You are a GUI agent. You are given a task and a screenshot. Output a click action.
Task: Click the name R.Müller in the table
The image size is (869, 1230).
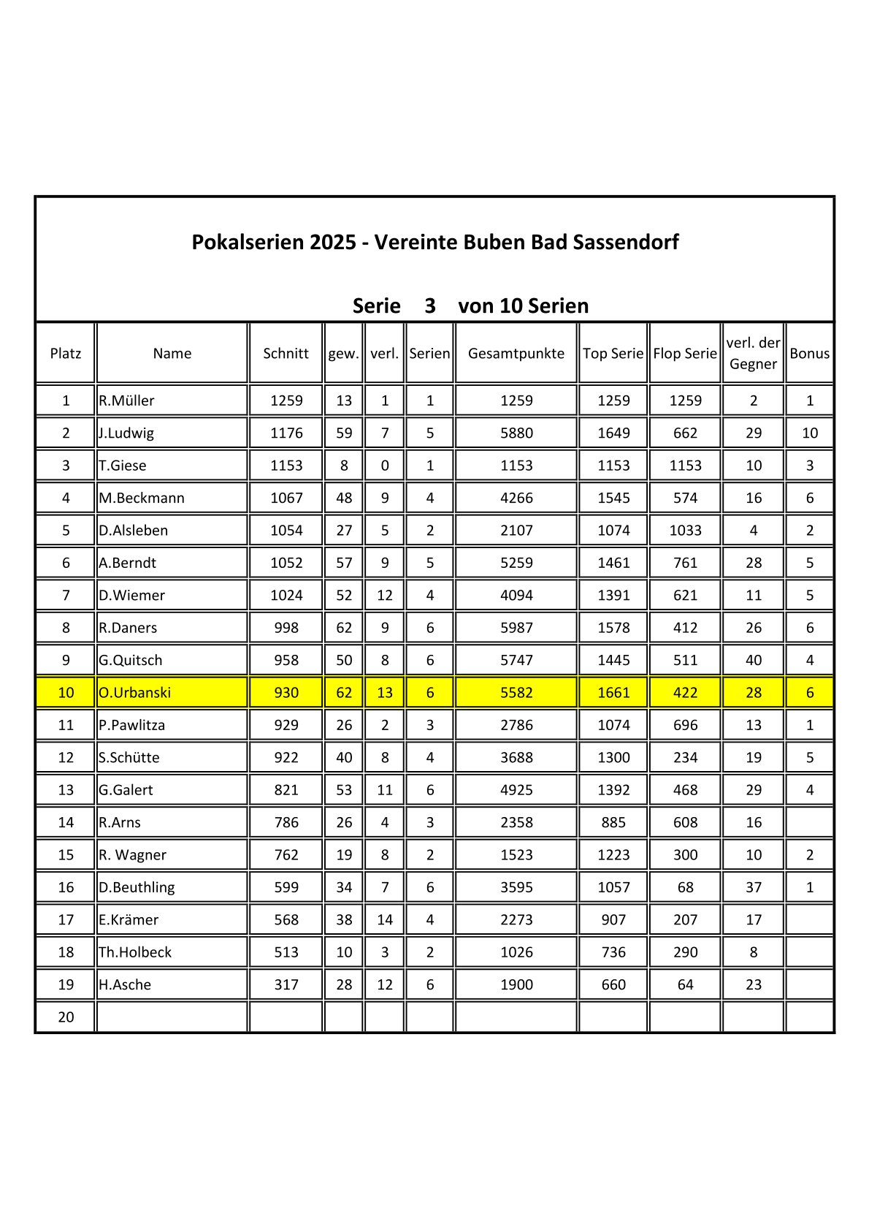(127, 400)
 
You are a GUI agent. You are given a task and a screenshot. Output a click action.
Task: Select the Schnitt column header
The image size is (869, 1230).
(286, 354)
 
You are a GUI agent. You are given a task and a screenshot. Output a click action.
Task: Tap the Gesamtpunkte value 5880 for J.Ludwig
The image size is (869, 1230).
(516, 433)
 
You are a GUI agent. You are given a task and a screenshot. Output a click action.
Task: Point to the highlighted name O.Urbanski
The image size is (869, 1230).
(135, 692)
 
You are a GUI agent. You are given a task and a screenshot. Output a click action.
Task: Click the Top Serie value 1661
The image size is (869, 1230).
(613, 692)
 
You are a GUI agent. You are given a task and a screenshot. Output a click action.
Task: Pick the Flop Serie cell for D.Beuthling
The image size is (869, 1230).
(685, 887)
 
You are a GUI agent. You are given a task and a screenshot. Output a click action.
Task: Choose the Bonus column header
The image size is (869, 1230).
(809, 354)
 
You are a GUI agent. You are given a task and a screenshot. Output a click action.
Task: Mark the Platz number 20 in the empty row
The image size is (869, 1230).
(66, 1017)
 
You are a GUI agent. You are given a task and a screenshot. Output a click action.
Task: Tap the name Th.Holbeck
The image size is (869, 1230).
(135, 952)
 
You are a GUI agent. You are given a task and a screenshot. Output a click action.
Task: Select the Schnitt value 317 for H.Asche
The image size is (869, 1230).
(286, 984)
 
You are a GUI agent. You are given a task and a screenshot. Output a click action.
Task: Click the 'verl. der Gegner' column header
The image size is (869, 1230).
(753, 354)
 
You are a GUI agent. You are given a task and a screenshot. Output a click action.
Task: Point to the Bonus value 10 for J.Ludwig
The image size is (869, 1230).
(809, 433)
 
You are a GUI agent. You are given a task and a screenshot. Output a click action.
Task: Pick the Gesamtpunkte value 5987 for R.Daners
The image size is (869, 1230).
(516, 628)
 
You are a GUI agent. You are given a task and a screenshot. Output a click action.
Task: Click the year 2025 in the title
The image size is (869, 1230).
(332, 242)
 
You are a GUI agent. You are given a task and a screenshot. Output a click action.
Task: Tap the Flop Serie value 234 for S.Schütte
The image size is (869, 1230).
(685, 757)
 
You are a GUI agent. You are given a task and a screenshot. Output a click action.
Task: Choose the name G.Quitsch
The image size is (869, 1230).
(131, 660)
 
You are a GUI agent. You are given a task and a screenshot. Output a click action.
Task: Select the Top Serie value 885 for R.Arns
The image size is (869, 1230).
(613, 822)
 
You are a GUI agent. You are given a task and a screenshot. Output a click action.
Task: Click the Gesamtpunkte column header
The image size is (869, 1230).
(516, 354)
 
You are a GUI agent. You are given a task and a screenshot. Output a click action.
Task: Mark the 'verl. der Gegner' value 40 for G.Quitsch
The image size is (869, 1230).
(753, 660)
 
